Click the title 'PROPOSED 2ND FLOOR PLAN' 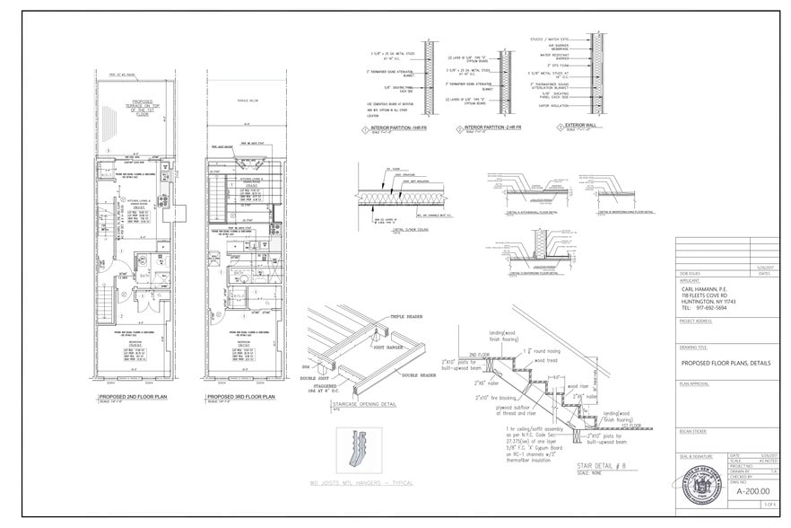tap(135, 395)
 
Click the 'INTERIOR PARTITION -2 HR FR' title tap(492, 129)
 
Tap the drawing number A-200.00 tap(753, 491)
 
